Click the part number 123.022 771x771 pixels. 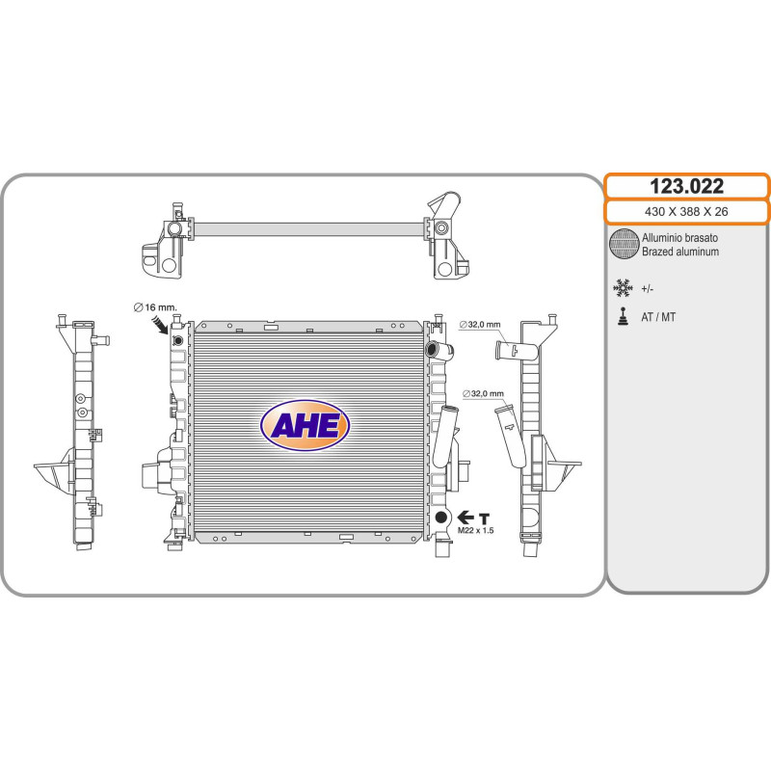click(686, 186)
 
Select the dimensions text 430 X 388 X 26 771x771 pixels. click(686, 212)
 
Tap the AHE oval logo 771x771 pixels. click(305, 425)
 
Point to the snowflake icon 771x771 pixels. click(623, 288)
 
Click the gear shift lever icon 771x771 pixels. click(623, 317)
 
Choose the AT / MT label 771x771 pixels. click(658, 317)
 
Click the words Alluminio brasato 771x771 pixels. click(679, 238)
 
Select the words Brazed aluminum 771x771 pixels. click(680, 252)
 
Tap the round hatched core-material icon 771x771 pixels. click(624, 244)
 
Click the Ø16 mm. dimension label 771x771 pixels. click(155, 307)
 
